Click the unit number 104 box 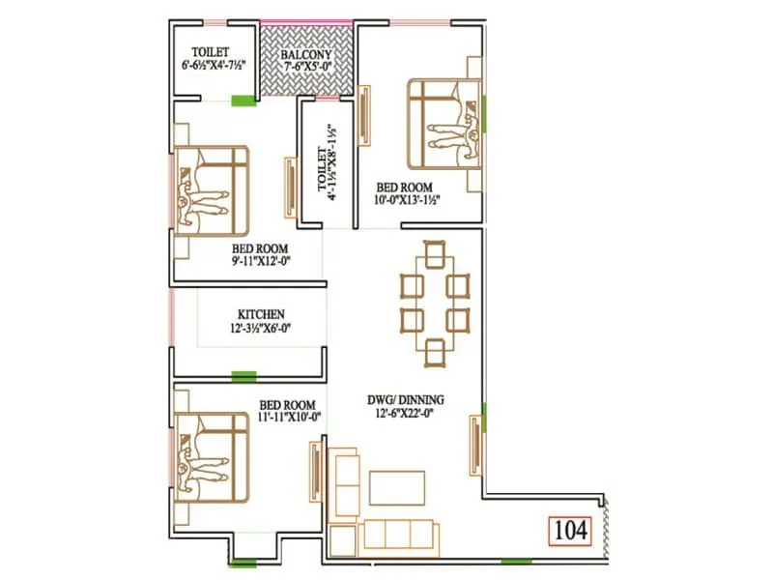[570, 531]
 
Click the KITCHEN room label [261, 314]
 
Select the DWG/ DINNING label [406, 398]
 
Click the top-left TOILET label [211, 51]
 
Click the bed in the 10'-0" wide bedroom [444, 124]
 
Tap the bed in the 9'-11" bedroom [211, 189]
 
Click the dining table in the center [435, 301]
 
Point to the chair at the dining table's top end [435, 254]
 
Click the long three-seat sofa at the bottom [396, 535]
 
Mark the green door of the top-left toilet [243, 99]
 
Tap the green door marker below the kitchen [243, 375]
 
